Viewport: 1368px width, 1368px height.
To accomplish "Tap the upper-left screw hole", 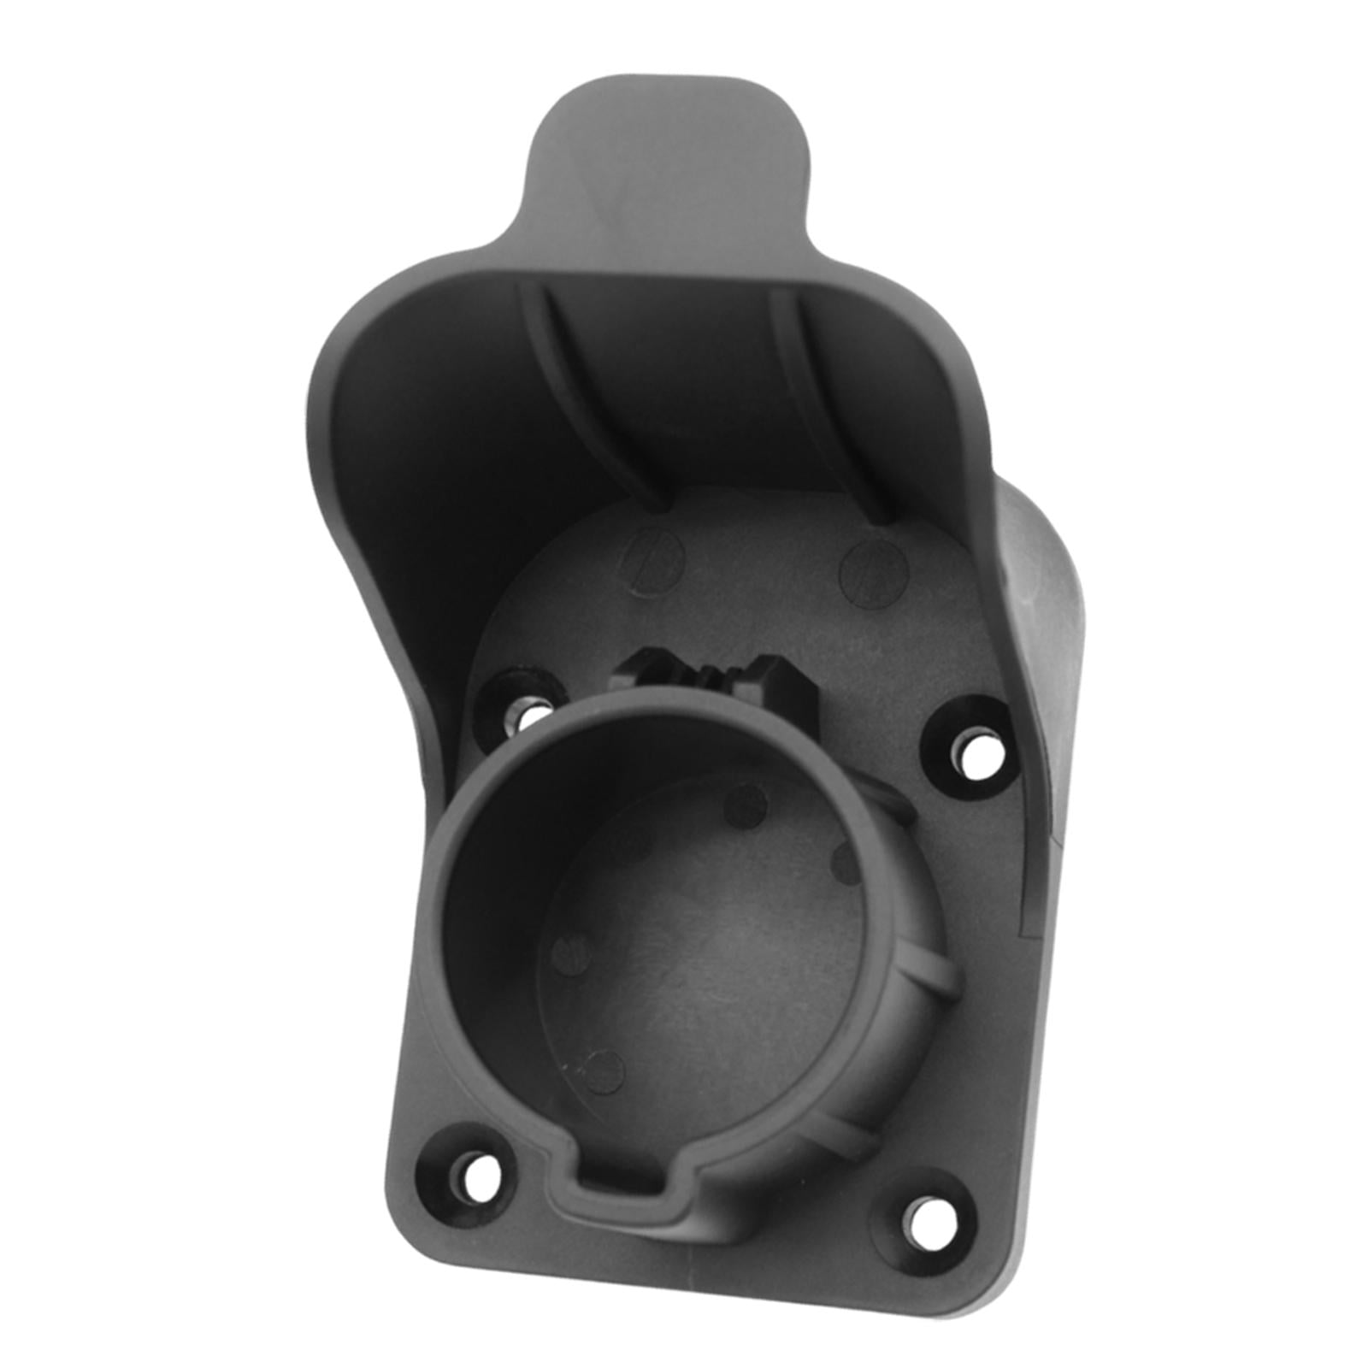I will [x=531, y=713].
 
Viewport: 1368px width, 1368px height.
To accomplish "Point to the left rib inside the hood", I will [x=590, y=402].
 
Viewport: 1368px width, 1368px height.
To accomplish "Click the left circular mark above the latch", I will [x=653, y=561].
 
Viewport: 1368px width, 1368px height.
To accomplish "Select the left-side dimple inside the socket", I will [x=571, y=953].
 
